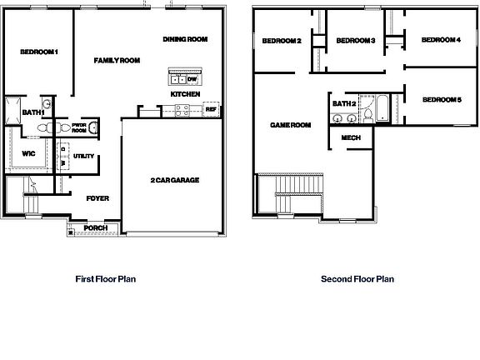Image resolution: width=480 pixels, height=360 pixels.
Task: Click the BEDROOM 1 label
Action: [x=39, y=52]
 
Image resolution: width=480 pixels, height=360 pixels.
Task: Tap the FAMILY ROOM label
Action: [x=116, y=61]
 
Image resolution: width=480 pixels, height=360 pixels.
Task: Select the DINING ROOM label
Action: [x=185, y=39]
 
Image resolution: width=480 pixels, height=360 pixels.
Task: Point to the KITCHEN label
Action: [x=184, y=95]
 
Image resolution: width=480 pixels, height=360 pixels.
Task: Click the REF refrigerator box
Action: [x=211, y=109]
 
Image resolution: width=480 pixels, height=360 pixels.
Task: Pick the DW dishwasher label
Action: [x=192, y=79]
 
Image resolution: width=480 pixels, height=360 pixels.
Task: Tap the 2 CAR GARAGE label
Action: [x=174, y=181]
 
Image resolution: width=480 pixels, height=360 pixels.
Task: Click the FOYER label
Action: [x=98, y=198]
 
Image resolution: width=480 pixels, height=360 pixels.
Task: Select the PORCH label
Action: [x=95, y=227]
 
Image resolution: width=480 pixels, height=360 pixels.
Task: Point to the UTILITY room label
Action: [x=84, y=156]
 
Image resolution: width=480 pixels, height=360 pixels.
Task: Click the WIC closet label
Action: [x=27, y=154]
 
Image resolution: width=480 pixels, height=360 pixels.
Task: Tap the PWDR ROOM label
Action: [x=80, y=127]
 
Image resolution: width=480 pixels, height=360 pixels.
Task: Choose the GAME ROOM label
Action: [x=290, y=125]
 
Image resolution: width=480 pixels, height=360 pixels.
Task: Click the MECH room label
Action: [x=351, y=138]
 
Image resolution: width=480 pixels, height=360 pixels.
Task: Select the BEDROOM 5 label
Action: [x=441, y=100]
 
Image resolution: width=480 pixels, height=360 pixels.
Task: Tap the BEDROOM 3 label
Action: [x=356, y=41]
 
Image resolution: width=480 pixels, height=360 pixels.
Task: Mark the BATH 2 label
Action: [x=344, y=104]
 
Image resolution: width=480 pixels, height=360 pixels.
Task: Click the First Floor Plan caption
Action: [x=106, y=279]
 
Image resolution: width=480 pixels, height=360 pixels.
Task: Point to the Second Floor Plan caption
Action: [x=357, y=279]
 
